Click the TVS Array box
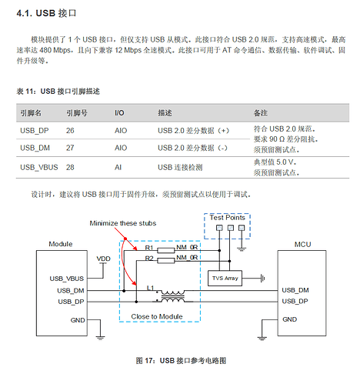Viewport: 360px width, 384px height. click(225, 278)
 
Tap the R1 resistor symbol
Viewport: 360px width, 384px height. click(166, 250)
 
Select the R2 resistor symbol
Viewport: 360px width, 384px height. click(166, 261)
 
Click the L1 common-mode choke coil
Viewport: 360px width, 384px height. click(172, 296)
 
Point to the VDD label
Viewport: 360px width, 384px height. click(103, 259)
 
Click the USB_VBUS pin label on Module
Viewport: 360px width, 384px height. click(67, 279)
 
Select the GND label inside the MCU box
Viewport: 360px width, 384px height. click(289, 319)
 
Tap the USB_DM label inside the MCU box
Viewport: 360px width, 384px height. click(295, 290)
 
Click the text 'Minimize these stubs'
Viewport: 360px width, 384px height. click(123, 223)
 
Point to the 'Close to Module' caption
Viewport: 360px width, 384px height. click(157, 316)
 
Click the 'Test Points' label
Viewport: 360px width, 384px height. click(227, 218)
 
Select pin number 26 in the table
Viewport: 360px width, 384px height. click(70, 131)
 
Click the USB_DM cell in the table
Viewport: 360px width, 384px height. click(35, 148)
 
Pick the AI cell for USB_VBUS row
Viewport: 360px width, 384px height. click(118, 167)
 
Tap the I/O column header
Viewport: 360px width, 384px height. click(119, 113)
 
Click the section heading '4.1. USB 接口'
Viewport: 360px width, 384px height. click(46, 13)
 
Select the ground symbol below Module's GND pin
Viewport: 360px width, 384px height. click(100, 337)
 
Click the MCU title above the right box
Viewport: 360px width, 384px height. click(302, 244)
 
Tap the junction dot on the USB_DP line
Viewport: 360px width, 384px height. click(136, 302)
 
